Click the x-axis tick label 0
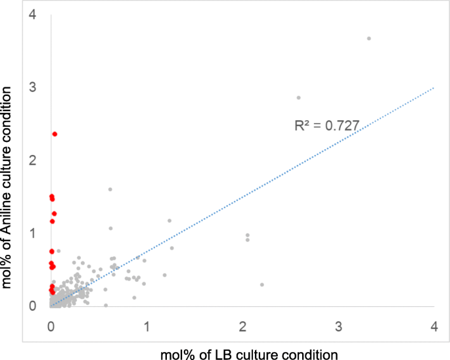pyautogui.click(x=51, y=326)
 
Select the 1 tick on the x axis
pyautogui.click(x=147, y=326)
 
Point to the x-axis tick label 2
pyautogui.click(x=243, y=326)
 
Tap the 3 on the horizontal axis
pyautogui.click(x=339, y=326)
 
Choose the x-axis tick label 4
pyautogui.click(x=434, y=326)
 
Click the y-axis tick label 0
pyautogui.click(x=32, y=306)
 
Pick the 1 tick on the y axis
pyautogui.click(x=32, y=233)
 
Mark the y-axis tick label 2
pyautogui.click(x=32, y=160)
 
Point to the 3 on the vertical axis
pyautogui.click(x=32, y=87)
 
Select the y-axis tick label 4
pyautogui.click(x=32, y=14)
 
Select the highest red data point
pyautogui.click(x=55, y=134)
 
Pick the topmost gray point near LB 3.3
pyautogui.click(x=369, y=38)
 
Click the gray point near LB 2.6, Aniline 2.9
pyautogui.click(x=298, y=97)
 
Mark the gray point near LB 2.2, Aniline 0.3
pyautogui.click(x=262, y=284)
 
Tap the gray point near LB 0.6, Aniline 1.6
pyautogui.click(x=110, y=189)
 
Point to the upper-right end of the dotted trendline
pyautogui.click(x=434, y=87)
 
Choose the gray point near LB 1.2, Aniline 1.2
pyautogui.click(x=169, y=221)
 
